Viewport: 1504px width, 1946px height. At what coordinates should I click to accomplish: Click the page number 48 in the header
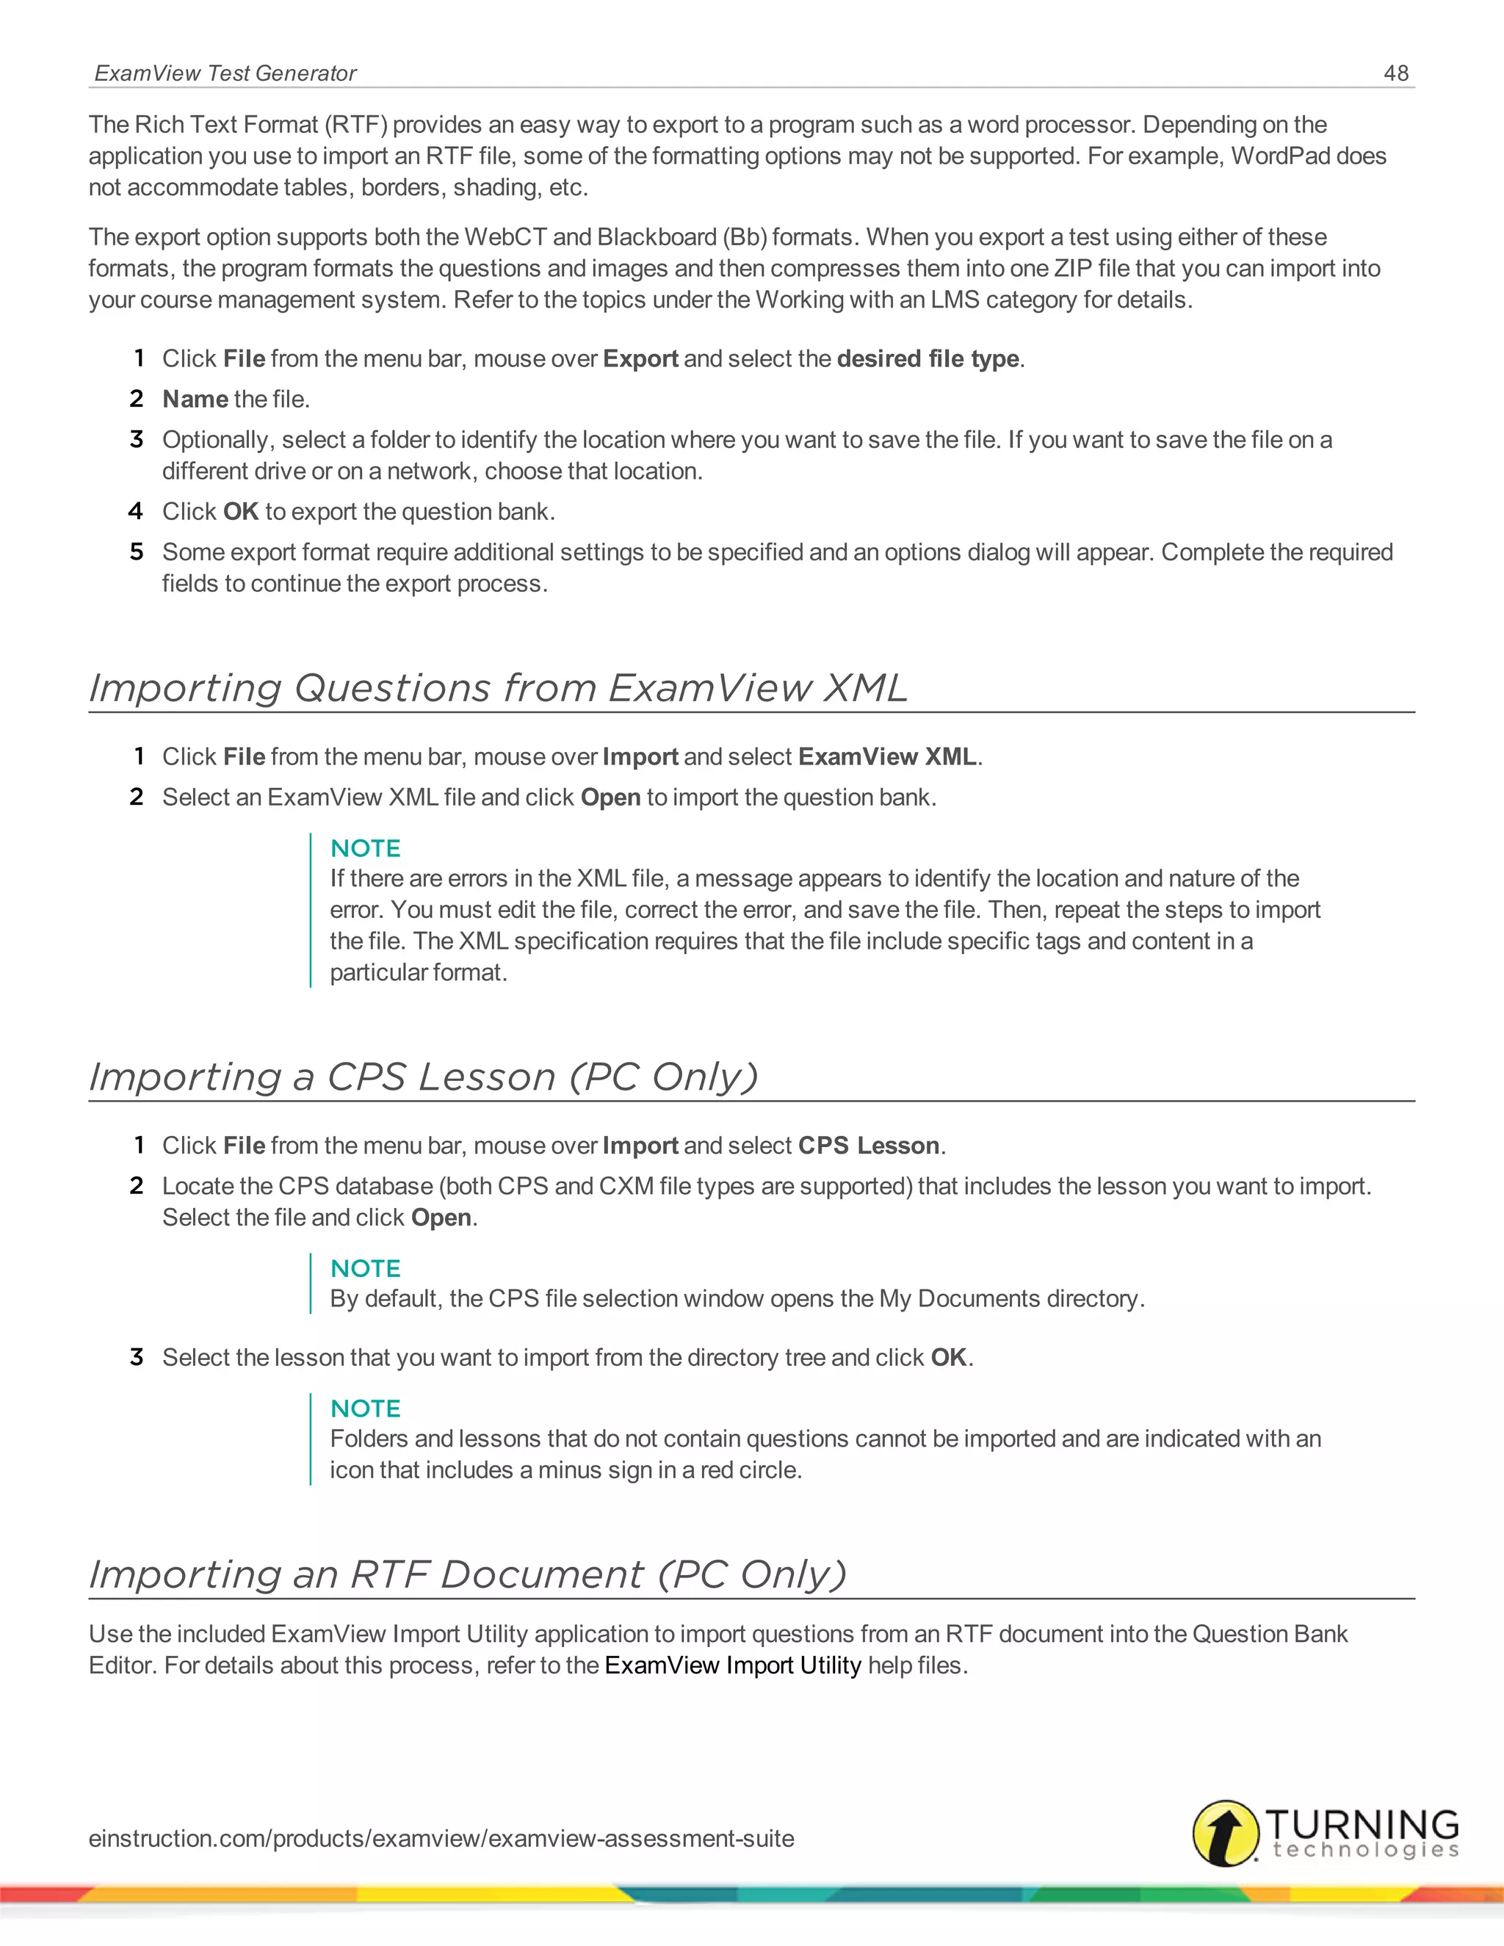point(1395,73)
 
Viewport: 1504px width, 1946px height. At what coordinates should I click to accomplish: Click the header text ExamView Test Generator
point(225,73)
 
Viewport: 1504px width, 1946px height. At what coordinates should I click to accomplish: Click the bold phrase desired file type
point(928,358)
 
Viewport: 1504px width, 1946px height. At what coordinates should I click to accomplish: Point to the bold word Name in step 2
point(195,399)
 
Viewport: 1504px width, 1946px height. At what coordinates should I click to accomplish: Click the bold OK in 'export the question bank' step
point(241,511)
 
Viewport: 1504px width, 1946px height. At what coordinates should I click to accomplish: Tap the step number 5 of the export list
point(137,551)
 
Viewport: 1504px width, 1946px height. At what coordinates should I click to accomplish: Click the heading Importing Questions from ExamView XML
point(498,688)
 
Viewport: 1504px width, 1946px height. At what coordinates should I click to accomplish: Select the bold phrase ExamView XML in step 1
point(887,756)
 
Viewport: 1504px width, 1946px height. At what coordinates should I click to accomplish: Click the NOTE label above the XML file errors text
point(365,848)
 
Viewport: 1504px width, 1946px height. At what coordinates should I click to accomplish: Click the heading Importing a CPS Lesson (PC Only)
point(423,1077)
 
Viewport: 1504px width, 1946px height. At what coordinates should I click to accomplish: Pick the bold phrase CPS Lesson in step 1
point(869,1145)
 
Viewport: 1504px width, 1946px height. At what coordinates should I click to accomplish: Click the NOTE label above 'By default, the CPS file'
point(365,1268)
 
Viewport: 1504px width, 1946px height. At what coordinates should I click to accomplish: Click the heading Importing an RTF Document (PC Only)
point(468,1574)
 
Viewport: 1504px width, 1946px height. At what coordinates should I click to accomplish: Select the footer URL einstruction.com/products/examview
point(441,1838)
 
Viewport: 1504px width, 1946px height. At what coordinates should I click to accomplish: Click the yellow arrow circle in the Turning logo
point(1226,1833)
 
